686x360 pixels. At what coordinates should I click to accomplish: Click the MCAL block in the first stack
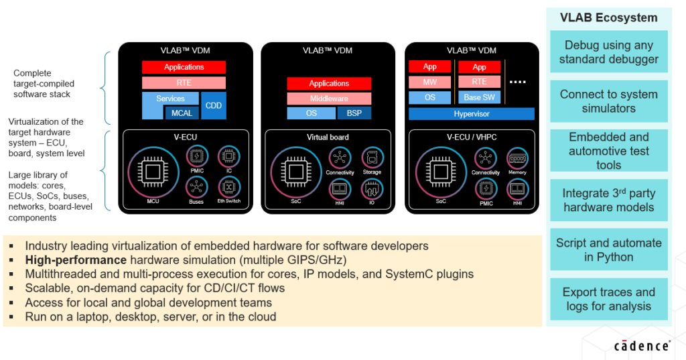[x=182, y=113]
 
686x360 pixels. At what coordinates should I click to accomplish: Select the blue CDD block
[x=213, y=105]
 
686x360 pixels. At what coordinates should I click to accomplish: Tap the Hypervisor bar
[x=472, y=114]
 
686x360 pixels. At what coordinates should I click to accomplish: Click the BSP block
[x=354, y=113]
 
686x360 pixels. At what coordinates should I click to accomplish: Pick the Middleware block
[x=329, y=99]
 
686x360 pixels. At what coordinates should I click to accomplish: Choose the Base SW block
[x=479, y=98]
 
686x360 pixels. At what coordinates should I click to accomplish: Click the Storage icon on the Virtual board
[x=372, y=158]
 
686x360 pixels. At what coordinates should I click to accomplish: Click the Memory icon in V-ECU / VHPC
[x=517, y=158]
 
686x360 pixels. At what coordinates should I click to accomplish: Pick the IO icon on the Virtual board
[x=372, y=188]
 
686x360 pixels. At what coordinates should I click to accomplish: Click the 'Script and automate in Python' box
[x=608, y=249]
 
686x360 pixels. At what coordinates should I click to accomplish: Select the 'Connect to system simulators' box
[x=608, y=101]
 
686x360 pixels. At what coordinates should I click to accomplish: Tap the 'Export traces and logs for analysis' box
[x=608, y=299]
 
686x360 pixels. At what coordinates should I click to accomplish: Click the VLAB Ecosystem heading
[x=608, y=18]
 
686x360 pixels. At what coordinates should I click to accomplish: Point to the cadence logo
[x=642, y=346]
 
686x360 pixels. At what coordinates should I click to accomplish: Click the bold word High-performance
[x=76, y=259]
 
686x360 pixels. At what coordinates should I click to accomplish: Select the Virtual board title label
[x=328, y=137]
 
